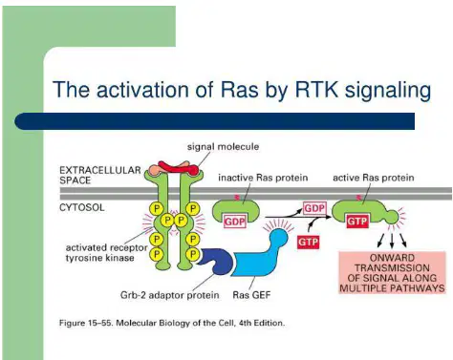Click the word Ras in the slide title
[239, 90]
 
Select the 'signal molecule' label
[223, 147]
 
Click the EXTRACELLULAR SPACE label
[100, 176]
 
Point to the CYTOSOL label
[82, 208]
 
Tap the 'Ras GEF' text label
[251, 295]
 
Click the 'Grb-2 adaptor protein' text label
[169, 295]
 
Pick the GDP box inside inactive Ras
[235, 222]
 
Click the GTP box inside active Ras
[357, 221]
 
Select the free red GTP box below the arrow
[308, 243]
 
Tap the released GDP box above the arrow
[314, 208]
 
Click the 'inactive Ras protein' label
[263, 178]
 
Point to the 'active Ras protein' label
[374, 178]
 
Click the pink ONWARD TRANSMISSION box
[392, 273]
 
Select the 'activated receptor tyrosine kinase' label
[106, 253]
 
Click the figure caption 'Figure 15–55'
[85, 323]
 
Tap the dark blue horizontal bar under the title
[214, 121]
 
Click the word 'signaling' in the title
[388, 91]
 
